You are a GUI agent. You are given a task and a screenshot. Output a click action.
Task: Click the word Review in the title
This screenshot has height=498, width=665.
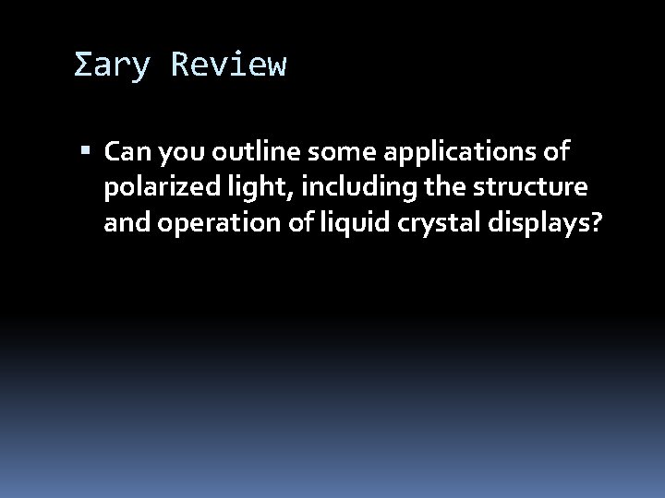coord(229,65)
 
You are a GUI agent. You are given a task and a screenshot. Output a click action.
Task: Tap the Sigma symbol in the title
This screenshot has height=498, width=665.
coord(82,65)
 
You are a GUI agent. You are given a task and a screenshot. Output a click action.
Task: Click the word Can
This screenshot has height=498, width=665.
coord(125,149)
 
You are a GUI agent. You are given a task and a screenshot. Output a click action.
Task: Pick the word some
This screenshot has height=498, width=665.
coord(328,149)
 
